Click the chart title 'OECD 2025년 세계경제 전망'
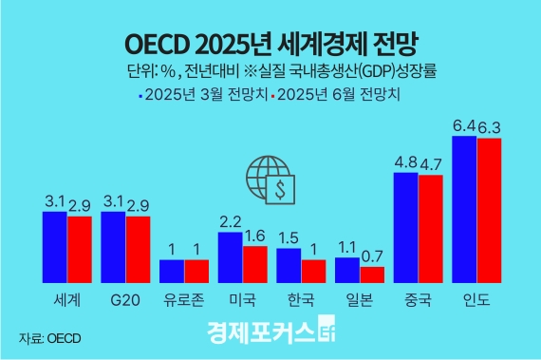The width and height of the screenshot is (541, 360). pyautogui.click(x=270, y=43)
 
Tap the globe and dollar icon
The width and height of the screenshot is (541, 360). pyautogui.click(x=270, y=180)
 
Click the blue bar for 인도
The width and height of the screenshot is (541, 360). pyautogui.click(x=464, y=209)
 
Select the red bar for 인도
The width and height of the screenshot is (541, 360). pyautogui.click(x=488, y=210)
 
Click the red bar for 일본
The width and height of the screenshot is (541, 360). pyautogui.click(x=372, y=275)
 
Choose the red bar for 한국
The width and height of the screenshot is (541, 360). pyautogui.click(x=313, y=272)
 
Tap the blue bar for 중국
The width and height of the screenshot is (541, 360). pyautogui.click(x=405, y=228)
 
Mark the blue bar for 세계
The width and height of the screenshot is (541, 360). pyautogui.click(x=55, y=247)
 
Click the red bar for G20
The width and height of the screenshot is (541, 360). pyautogui.click(x=138, y=250)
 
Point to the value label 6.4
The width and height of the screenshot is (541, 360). pyautogui.click(x=464, y=125)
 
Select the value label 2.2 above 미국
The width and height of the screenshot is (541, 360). pyautogui.click(x=231, y=221)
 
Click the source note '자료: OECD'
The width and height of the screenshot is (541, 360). pyautogui.click(x=49, y=337)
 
